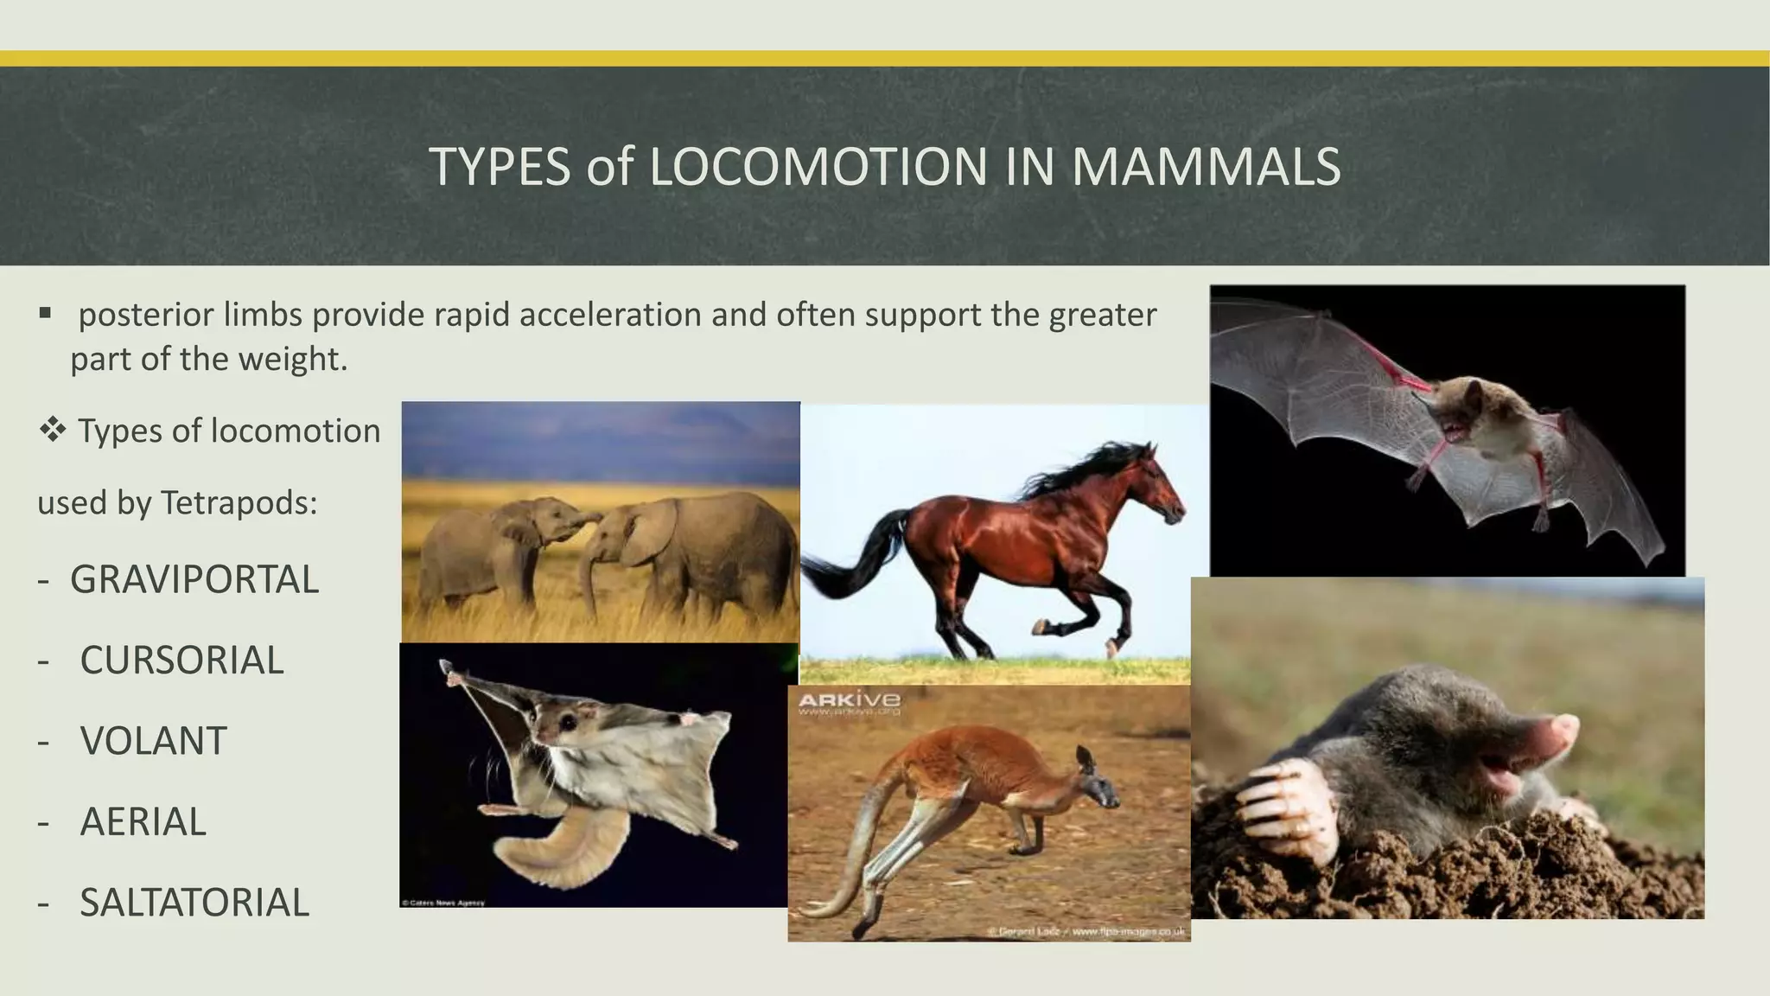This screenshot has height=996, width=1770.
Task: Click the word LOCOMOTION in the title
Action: click(x=818, y=167)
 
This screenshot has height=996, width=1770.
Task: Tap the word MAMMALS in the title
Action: click(x=1206, y=167)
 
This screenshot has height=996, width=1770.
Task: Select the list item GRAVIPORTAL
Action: click(x=194, y=580)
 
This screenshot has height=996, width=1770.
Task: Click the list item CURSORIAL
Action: click(x=181, y=661)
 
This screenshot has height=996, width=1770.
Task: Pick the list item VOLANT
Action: click(x=153, y=741)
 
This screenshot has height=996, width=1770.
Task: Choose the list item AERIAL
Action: click(x=143, y=821)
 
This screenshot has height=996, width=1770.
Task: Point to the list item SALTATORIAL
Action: click(x=194, y=903)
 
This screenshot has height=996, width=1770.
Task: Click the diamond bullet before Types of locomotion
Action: click(x=52, y=430)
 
